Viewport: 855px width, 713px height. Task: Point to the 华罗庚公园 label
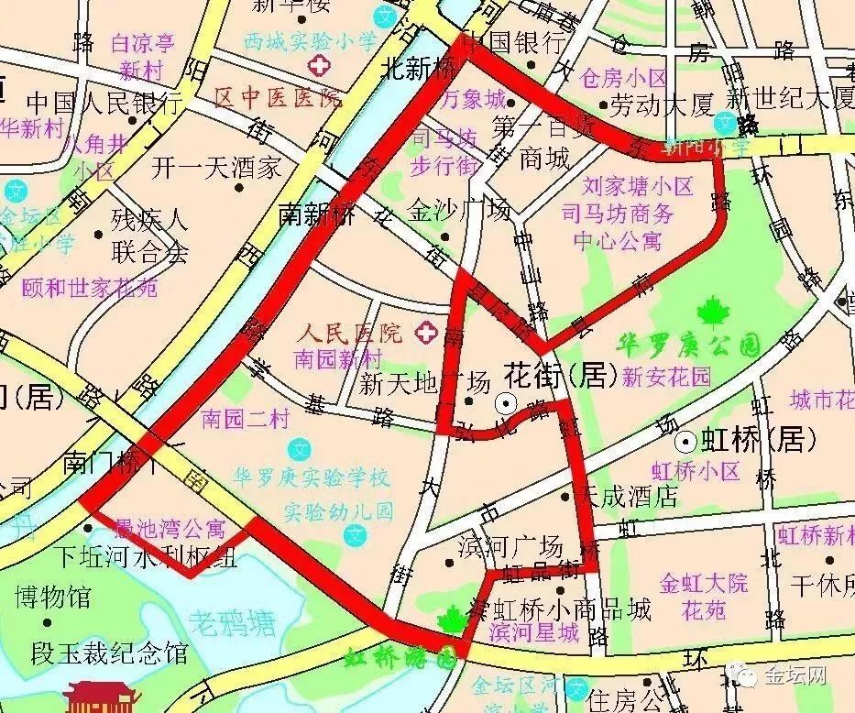pos(691,346)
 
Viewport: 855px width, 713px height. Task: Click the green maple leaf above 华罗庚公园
pos(711,314)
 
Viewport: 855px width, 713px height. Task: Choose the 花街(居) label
pos(557,375)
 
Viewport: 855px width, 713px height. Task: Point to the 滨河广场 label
pos(510,547)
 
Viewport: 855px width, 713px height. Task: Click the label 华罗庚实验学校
pos(312,477)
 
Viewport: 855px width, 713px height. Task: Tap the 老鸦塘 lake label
pos(233,625)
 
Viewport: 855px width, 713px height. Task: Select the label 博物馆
pos(52,598)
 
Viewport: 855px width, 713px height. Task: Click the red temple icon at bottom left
pos(99,697)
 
